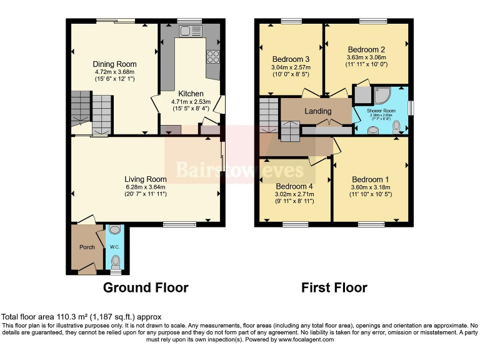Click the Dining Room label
[x=114, y=64]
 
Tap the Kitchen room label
[x=191, y=94]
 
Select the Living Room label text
[x=145, y=179]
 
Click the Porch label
[x=87, y=247]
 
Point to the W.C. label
[x=114, y=247]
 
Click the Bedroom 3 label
[x=291, y=59]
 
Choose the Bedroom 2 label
[x=366, y=50]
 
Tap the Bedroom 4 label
[x=294, y=186]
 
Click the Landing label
[x=317, y=111]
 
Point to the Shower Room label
[x=380, y=109]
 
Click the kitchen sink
[x=187, y=31]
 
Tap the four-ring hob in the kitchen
[x=212, y=56]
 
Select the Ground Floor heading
[x=145, y=287]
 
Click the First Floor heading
[x=334, y=287]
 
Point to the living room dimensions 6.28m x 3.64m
[x=145, y=186]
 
